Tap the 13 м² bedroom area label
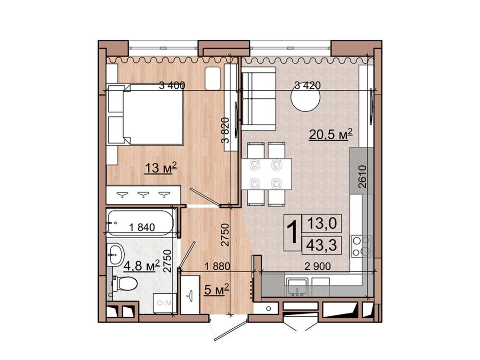[161, 168]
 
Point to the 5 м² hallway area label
[217, 289]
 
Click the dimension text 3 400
[172, 85]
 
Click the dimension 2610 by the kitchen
[362, 177]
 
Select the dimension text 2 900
[318, 266]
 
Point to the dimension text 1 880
[217, 266]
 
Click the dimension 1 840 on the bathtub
[142, 228]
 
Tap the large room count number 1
[293, 233]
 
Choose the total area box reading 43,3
[322, 245]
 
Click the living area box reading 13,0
[322, 224]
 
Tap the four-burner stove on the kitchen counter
[361, 246]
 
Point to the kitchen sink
[297, 287]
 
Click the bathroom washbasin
[115, 254]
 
